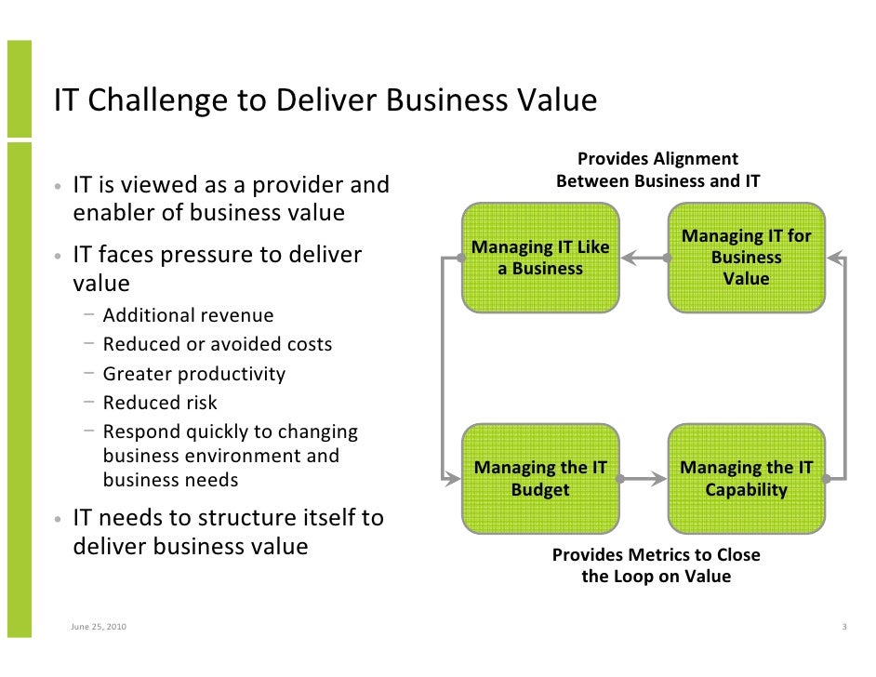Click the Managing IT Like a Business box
(x=540, y=258)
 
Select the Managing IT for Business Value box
(x=746, y=258)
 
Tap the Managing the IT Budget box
(x=540, y=479)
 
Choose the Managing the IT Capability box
(x=746, y=479)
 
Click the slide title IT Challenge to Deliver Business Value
(x=325, y=100)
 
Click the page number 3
(x=843, y=627)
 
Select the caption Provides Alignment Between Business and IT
(x=657, y=170)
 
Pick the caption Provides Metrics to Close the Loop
(x=656, y=565)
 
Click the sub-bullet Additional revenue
(x=188, y=316)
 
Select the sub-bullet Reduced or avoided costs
(x=217, y=345)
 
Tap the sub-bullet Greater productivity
(x=193, y=374)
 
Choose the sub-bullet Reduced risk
(x=159, y=403)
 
